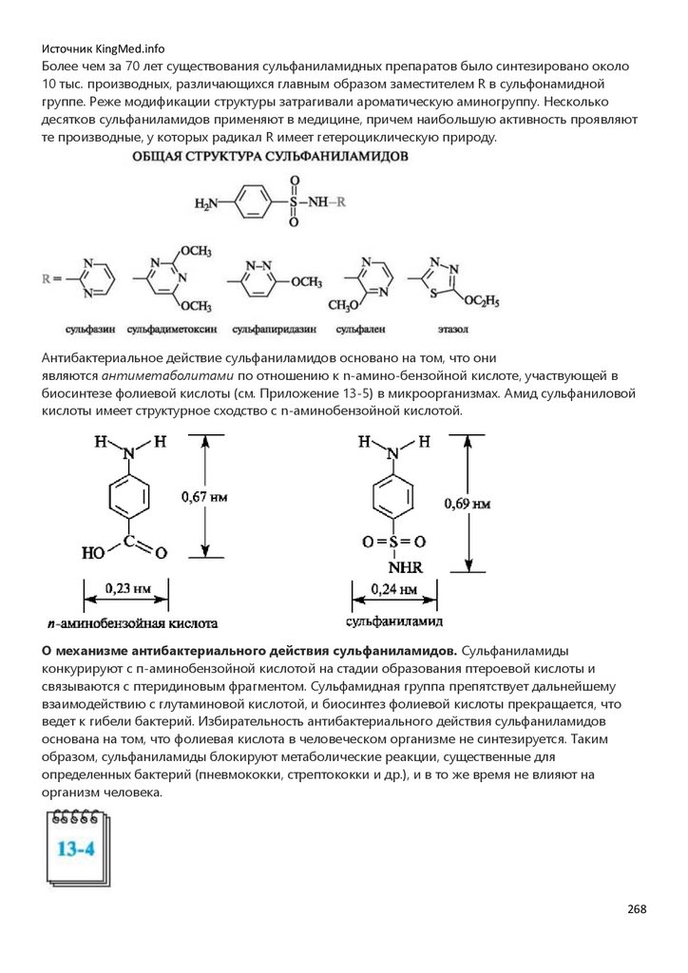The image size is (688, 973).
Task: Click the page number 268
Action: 637,909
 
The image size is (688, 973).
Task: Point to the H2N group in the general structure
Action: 206,203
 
